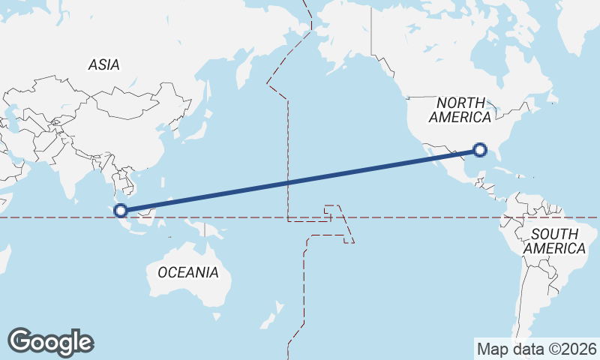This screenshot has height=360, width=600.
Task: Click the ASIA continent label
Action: [103, 65]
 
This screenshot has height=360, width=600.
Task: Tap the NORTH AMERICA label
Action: [460, 109]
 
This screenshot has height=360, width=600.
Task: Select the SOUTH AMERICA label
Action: [555, 241]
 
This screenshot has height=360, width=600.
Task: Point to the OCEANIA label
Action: [188, 272]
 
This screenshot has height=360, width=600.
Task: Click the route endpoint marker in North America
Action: [481, 151]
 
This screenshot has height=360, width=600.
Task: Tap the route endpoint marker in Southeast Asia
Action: [121, 210]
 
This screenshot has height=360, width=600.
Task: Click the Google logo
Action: [51, 341]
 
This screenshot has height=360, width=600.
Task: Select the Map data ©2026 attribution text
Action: [536, 349]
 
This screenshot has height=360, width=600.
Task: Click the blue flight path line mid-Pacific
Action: [300, 181]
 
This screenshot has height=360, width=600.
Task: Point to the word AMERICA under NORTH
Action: [460, 118]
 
